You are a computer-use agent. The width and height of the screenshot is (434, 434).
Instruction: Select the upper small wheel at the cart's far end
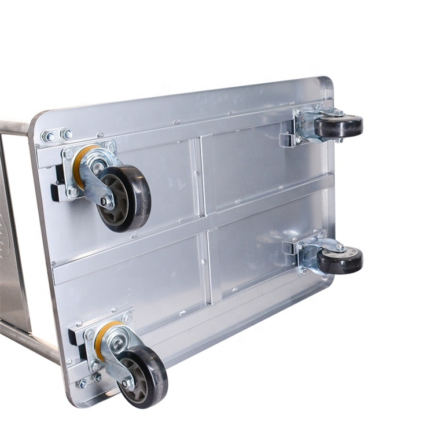click(339, 126)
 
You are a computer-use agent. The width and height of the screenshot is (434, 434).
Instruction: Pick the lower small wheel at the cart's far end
click(340, 260)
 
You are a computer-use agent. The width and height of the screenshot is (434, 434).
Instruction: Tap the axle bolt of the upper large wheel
click(104, 201)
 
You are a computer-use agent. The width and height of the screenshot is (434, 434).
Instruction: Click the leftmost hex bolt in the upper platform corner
click(49, 137)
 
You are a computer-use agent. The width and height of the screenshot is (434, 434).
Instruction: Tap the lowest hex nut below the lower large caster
click(83, 384)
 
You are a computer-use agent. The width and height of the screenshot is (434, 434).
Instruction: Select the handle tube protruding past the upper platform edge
click(14, 128)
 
